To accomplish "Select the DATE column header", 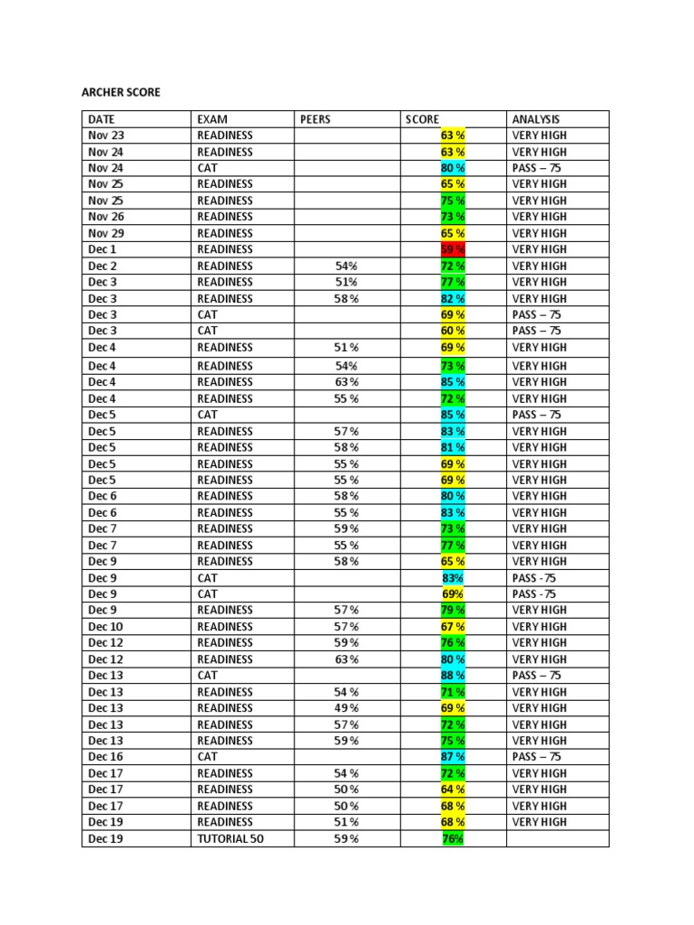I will (102, 119).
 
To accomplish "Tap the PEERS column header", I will (316, 119).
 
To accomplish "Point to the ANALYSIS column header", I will (536, 119).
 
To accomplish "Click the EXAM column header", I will (212, 119).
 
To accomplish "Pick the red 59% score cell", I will (453, 249).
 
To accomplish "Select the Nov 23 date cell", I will (107, 135).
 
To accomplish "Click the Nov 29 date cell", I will (107, 233).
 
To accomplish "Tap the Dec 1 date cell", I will (103, 249).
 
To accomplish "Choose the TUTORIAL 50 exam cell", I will (231, 839).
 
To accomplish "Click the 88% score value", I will (453, 676).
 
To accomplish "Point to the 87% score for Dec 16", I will (453, 757).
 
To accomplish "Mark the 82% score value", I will (453, 299).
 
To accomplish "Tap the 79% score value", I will (453, 611).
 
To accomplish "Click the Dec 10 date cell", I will (106, 627).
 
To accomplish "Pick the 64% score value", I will (453, 790).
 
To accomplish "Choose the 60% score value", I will (453, 332).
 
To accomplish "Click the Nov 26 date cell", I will (107, 217).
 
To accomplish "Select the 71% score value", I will (453, 692).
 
